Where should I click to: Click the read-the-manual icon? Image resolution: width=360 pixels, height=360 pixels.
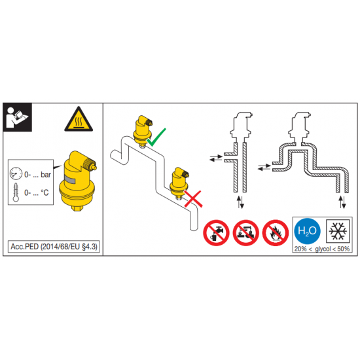click(18, 117)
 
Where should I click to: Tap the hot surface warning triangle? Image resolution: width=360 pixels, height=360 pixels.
click(79, 120)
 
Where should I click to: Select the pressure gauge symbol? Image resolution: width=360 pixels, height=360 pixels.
click(16, 173)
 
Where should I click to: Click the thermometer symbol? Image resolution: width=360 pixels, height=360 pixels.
click(16, 192)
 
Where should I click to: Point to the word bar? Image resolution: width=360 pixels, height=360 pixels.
click(46, 175)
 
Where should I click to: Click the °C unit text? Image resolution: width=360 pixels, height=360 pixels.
click(45, 192)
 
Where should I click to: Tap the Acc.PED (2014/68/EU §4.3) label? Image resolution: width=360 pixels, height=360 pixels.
click(54, 247)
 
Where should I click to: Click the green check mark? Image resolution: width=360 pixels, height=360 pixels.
click(156, 137)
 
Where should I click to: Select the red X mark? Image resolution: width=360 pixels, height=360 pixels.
click(193, 199)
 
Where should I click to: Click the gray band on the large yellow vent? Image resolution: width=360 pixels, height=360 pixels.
click(70, 179)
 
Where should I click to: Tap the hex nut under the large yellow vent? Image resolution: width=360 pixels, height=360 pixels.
click(77, 208)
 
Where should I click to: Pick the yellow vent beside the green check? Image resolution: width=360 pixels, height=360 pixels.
click(142, 132)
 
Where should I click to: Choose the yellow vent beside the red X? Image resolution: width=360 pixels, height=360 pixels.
click(179, 183)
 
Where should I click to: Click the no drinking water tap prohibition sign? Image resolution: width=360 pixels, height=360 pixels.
click(216, 232)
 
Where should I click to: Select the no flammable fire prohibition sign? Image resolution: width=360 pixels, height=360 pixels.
click(276, 232)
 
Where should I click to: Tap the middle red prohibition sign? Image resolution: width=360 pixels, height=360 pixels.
click(246, 232)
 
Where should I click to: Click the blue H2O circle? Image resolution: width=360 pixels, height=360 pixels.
click(307, 231)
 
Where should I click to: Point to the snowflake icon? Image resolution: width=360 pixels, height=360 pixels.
click(338, 231)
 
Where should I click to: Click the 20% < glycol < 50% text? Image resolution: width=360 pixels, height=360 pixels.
click(322, 249)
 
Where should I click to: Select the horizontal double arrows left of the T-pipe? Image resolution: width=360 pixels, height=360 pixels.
click(216, 158)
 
